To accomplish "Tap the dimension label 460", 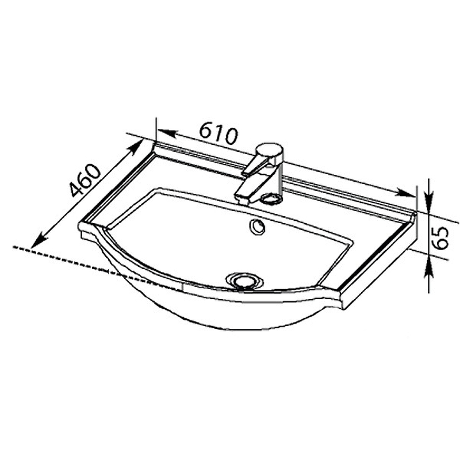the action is point(85,180).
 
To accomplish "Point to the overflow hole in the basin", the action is point(257,227).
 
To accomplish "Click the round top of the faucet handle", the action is point(269,150).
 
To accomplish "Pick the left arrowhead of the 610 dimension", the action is point(167,133).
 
